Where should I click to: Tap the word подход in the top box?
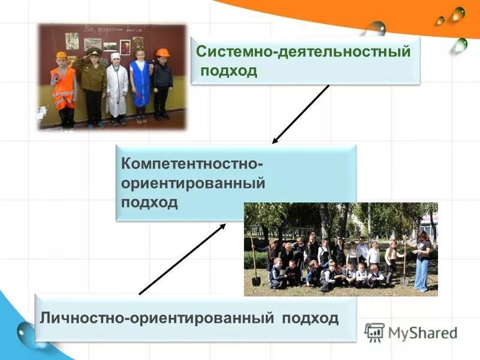click(x=229, y=71)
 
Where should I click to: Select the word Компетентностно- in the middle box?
click(x=193, y=163)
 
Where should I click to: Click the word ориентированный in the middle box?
click(x=193, y=182)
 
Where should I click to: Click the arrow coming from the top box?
click(x=301, y=114)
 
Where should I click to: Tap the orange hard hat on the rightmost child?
click(x=162, y=53)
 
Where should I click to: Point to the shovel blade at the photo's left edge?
click(x=256, y=280)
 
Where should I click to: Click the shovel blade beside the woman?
click(x=404, y=280)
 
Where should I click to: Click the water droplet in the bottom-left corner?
click(x=25, y=332)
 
